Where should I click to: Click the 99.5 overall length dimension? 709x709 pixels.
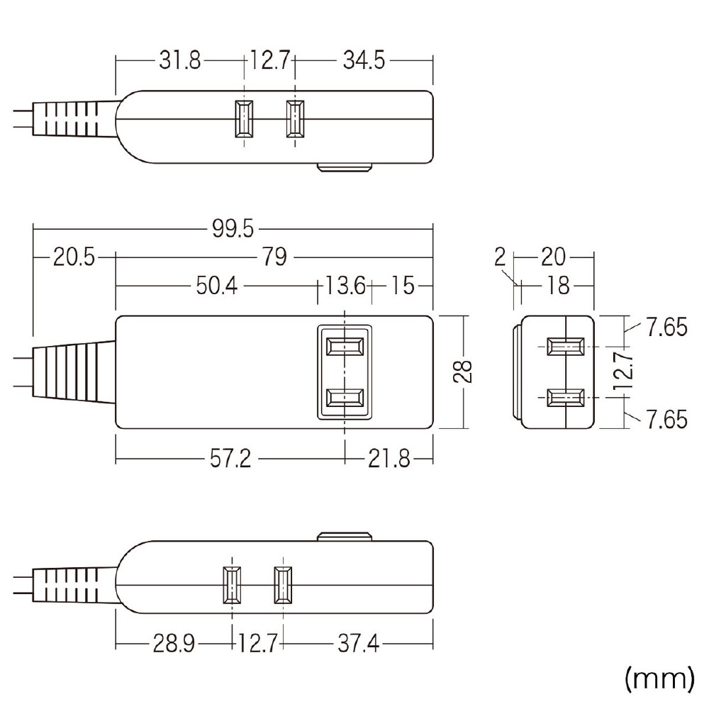click(x=233, y=229)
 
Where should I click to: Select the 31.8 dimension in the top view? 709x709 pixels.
click(x=179, y=60)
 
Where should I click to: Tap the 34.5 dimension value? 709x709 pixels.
click(x=364, y=60)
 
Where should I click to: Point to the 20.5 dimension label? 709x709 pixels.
click(x=74, y=257)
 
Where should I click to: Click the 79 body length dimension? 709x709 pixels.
click(x=274, y=257)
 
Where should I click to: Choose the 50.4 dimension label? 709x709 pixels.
click(x=216, y=286)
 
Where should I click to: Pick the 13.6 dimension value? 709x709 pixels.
click(x=345, y=286)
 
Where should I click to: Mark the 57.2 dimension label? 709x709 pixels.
click(x=230, y=459)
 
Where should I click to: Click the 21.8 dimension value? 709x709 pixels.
click(x=389, y=459)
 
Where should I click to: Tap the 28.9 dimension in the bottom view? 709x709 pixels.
click(x=174, y=643)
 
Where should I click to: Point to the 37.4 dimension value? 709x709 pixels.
click(x=359, y=643)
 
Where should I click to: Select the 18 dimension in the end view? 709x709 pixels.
click(x=558, y=286)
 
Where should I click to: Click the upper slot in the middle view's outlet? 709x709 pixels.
click(x=345, y=347)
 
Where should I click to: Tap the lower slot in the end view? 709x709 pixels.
click(x=565, y=398)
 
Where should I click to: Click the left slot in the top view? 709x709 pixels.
click(x=244, y=118)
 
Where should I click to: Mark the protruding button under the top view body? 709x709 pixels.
click(x=345, y=168)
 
